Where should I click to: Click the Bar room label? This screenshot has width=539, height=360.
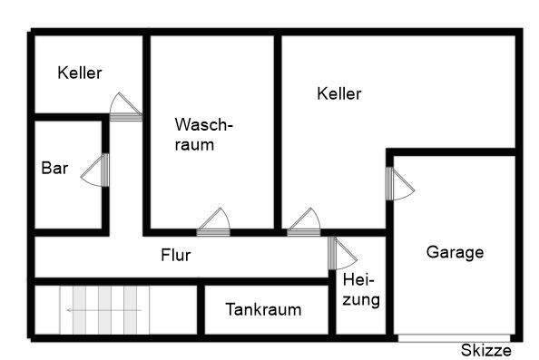tap(55, 168)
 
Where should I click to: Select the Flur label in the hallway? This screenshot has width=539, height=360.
tap(175, 255)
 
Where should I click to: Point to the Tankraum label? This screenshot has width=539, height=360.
tap(263, 309)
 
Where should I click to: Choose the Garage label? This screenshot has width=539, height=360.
tap(455, 253)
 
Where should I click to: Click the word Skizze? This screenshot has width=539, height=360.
tap(486, 351)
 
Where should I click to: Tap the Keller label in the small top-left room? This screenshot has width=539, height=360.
tap(80, 73)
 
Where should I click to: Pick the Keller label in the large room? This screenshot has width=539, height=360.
tap(339, 93)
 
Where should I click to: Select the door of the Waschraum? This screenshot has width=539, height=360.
tap(212, 222)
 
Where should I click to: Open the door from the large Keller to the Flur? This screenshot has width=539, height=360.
tap(304, 222)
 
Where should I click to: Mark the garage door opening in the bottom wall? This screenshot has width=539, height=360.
tap(454, 338)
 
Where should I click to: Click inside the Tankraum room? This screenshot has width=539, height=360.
tap(263, 322)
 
